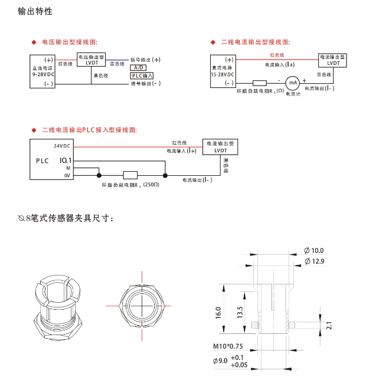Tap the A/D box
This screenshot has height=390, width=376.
coord(138,67)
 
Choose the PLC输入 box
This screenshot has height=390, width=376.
coord(142,76)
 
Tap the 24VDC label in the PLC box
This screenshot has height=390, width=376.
coord(62,145)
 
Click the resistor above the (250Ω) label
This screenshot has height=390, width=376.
coord(130,175)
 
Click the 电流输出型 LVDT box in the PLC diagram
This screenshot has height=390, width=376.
coord(219,146)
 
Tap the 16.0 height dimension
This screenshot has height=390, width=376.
coord(218,312)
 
